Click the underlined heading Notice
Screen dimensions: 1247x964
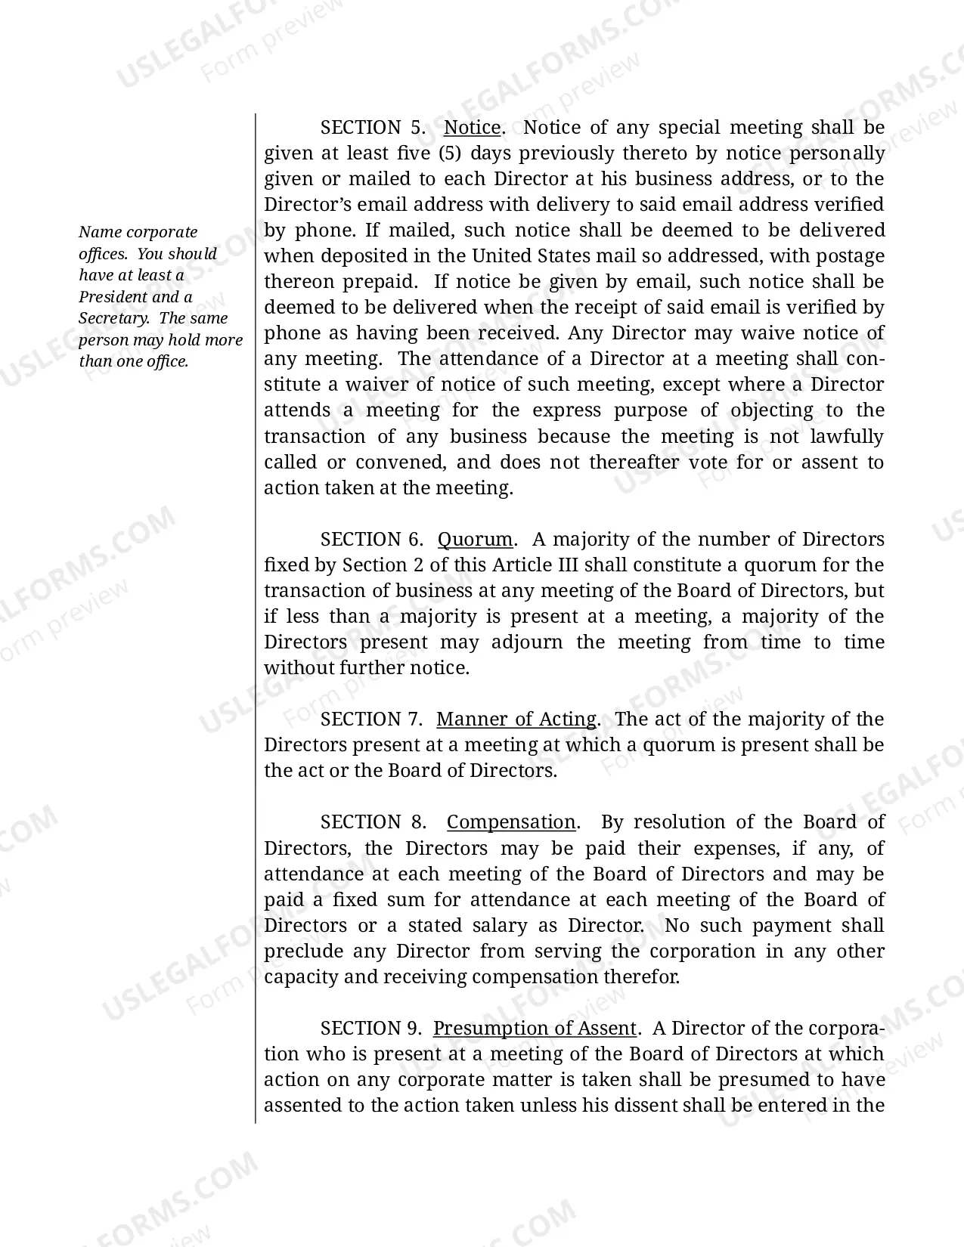coord(472,128)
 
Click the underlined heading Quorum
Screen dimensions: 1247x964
coord(476,540)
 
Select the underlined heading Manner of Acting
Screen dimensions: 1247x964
coord(516,719)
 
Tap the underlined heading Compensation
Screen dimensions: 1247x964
coord(511,822)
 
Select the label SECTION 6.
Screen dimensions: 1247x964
coord(370,540)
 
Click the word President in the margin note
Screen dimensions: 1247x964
coord(113,297)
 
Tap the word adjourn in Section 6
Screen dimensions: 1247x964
coord(527,642)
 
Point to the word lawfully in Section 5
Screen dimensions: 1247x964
coord(846,437)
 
